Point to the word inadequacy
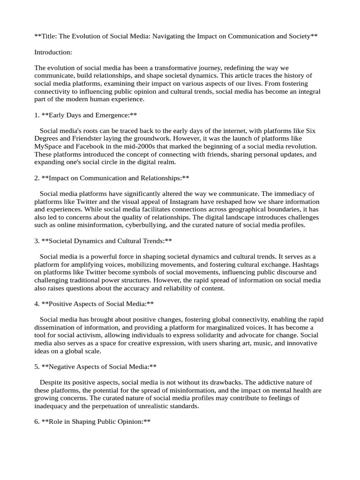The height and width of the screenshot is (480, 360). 54,406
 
